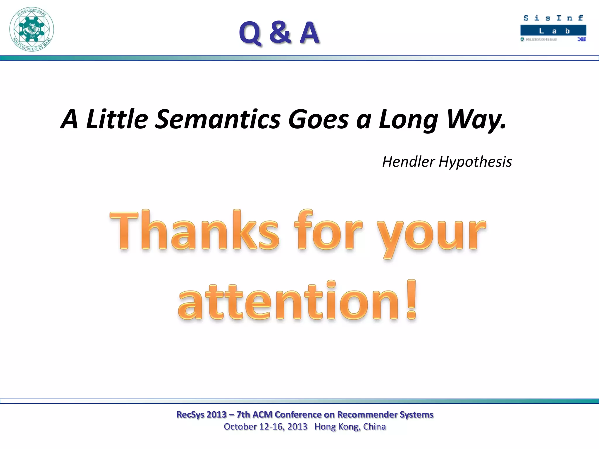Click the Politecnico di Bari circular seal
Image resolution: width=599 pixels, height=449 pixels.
click(32, 29)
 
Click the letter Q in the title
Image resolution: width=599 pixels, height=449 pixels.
click(250, 33)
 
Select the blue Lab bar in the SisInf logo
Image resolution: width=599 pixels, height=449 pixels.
click(553, 31)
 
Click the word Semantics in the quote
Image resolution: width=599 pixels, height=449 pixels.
click(218, 119)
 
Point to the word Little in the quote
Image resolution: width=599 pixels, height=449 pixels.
click(117, 119)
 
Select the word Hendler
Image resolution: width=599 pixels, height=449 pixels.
click(408, 162)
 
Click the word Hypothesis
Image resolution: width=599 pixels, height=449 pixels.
click(475, 162)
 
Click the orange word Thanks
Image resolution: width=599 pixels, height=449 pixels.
click(194, 231)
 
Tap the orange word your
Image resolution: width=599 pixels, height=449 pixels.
click(431, 234)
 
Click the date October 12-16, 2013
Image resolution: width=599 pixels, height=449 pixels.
click(265, 427)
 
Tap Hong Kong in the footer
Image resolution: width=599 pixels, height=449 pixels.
click(337, 427)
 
